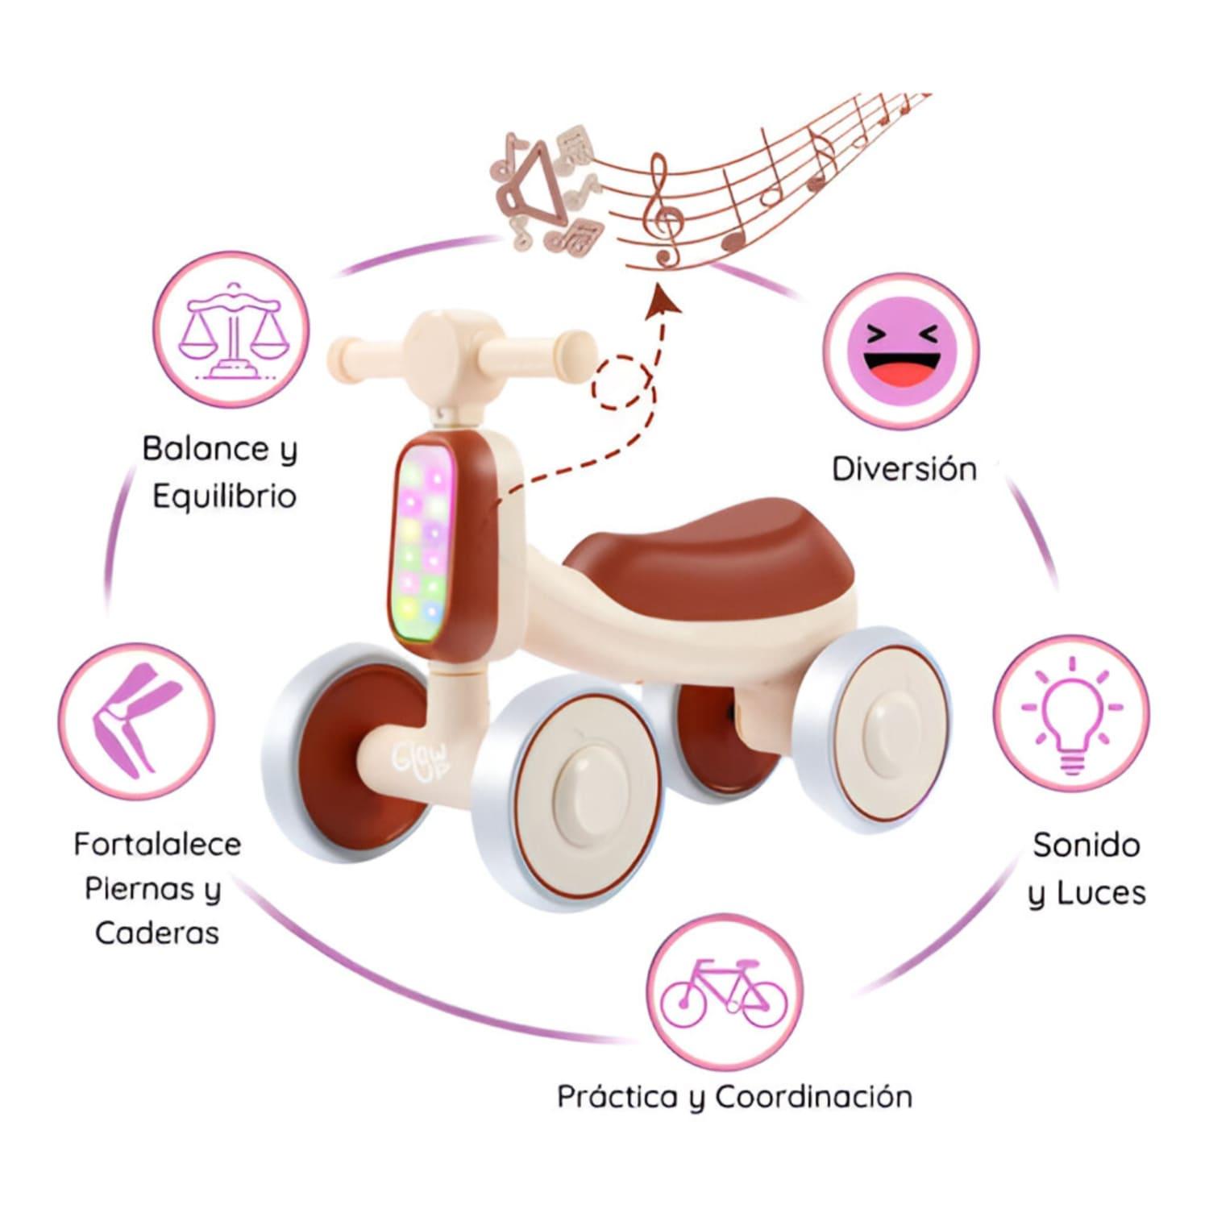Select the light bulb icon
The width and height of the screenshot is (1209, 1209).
[x=1071, y=713]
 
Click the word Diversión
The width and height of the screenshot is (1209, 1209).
[x=904, y=469]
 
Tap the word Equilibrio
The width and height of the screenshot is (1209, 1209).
[x=224, y=496]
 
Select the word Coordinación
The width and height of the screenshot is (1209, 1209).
[x=814, y=1097]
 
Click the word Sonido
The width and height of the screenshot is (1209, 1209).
[x=1086, y=845]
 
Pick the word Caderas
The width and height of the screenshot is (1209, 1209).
[x=157, y=933]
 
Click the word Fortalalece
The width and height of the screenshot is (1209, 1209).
[x=157, y=845]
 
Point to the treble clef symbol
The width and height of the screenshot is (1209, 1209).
[x=665, y=211]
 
